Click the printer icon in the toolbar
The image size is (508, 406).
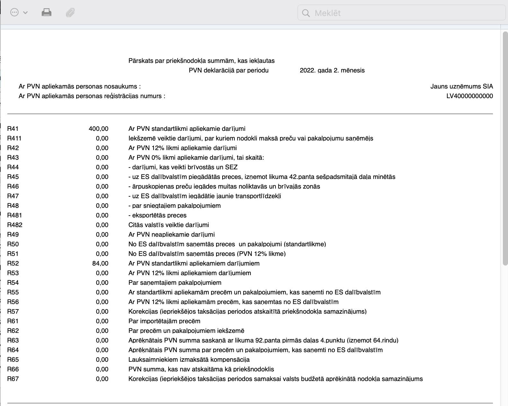point(47,13)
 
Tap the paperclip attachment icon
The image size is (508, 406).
point(70,13)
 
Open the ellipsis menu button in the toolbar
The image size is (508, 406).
point(15,13)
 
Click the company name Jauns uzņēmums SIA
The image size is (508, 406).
point(461,87)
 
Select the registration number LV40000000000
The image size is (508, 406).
point(469,96)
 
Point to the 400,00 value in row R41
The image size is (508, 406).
point(99,129)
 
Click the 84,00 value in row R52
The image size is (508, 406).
point(100,264)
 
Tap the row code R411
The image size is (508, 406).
point(14,139)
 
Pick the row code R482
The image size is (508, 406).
point(15,225)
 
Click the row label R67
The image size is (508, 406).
point(13,379)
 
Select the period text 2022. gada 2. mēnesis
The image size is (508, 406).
point(332,71)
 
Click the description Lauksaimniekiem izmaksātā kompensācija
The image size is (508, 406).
point(189,360)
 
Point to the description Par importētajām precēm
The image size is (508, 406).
point(164,321)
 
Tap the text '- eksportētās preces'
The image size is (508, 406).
point(157,216)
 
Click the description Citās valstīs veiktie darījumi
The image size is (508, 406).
point(169,225)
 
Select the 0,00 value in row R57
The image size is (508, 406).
point(102,312)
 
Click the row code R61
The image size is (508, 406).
point(13,321)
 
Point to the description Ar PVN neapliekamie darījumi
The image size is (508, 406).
point(171,235)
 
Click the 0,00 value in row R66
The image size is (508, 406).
point(102,369)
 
